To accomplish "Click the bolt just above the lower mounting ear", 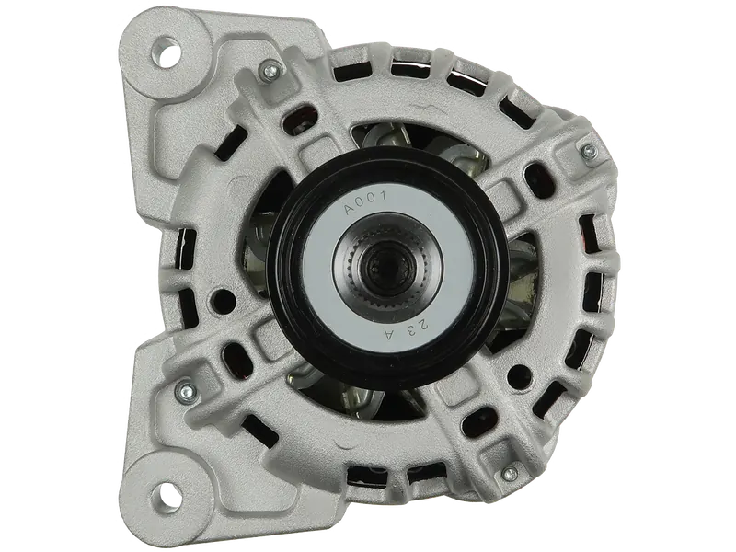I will click(x=189, y=389).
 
